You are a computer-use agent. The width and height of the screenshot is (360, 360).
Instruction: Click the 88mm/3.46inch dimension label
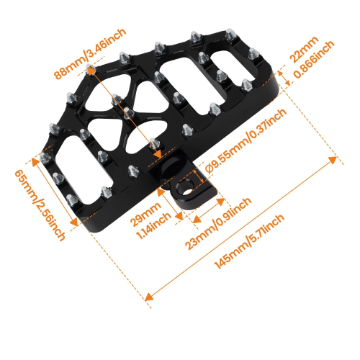pos(90,54)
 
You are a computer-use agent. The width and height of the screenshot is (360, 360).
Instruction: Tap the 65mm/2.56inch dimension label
pos(40,205)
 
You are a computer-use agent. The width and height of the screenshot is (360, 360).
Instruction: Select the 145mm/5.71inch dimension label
pos(249,241)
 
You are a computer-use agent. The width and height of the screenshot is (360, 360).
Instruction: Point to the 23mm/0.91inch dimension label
pos(218,224)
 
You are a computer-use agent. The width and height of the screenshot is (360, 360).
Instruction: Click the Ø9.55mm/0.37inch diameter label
pos(246,141)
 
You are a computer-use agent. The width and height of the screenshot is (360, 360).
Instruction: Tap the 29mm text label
pos(145,214)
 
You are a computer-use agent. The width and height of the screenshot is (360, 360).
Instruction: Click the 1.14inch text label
pos(153,225)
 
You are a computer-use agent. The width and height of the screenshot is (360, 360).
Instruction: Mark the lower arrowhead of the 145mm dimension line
pos(149,297)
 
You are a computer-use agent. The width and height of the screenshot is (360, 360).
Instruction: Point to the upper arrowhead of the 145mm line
pos(333,159)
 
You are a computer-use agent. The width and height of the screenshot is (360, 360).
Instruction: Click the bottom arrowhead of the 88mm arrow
pos(158,154)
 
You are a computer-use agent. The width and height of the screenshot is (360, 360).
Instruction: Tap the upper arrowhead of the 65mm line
pos(35,163)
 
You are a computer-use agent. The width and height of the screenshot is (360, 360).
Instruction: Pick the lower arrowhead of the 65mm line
pos(74,222)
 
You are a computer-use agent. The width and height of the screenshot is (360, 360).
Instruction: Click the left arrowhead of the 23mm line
pos(197,219)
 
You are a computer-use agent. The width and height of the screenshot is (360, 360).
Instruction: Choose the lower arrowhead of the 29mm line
pos(179,217)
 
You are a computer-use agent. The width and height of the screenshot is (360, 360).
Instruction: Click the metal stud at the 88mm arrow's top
pos(91,69)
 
